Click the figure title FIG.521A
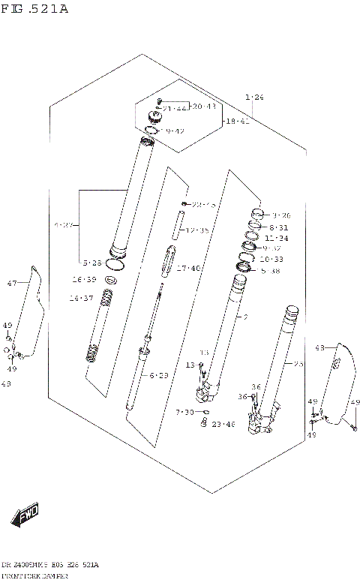(x=34, y=9)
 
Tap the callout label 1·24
(x=254, y=97)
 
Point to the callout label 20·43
(x=203, y=107)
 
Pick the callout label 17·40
(x=190, y=268)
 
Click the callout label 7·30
(x=184, y=412)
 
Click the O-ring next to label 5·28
(x=115, y=264)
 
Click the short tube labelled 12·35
(x=180, y=224)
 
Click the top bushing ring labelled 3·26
(x=256, y=212)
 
